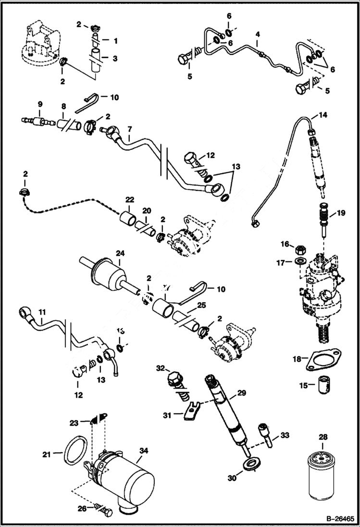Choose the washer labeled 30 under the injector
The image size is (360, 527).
point(250,465)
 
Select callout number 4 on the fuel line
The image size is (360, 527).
point(257,35)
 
